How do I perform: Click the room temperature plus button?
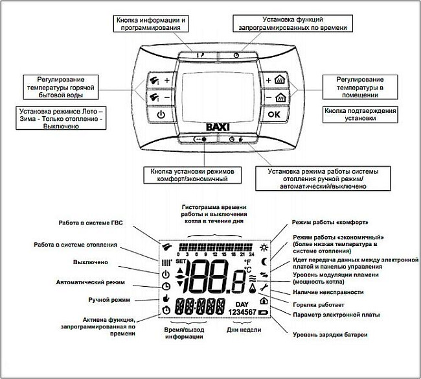[x=275, y=80]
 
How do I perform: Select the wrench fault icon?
[x=264, y=287]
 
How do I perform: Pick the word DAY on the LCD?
[x=242, y=304]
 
